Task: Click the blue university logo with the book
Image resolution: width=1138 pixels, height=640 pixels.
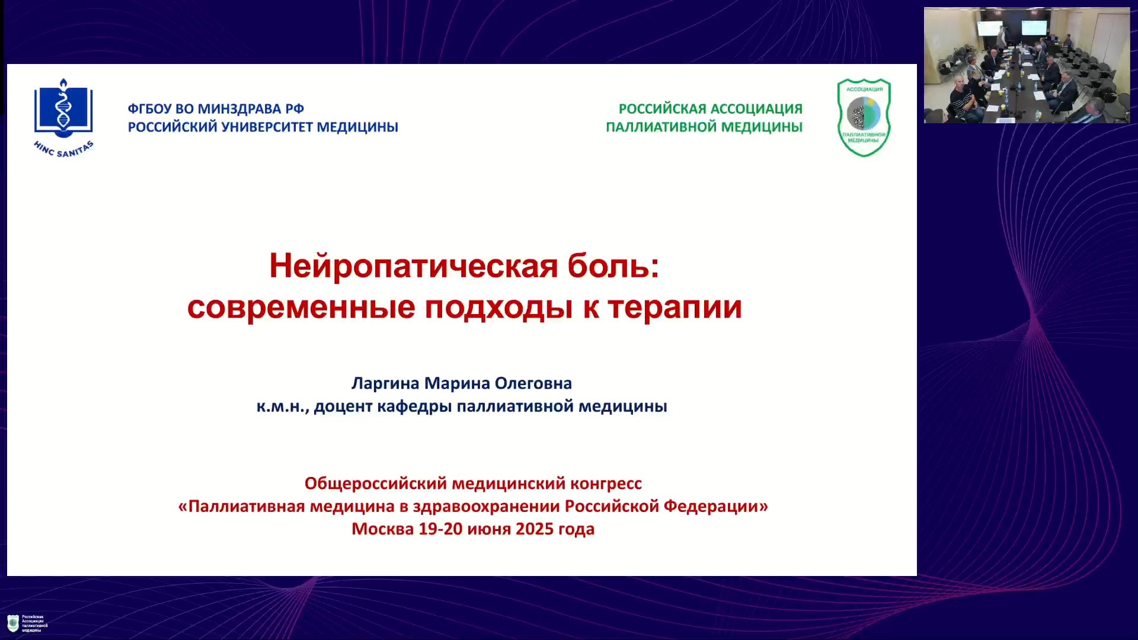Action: click(63, 117)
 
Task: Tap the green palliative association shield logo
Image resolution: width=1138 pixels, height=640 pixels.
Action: click(864, 117)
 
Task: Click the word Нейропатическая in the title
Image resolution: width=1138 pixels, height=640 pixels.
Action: click(414, 266)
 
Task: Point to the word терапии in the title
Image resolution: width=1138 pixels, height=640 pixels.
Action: click(675, 308)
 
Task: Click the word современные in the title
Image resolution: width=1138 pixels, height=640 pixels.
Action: click(301, 307)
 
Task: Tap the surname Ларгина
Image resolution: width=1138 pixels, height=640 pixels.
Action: click(385, 384)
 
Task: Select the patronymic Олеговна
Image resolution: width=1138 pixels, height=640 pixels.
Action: click(533, 383)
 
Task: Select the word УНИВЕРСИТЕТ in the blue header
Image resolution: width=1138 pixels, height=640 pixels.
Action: click(267, 127)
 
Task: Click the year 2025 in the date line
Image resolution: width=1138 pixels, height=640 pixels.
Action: click(535, 529)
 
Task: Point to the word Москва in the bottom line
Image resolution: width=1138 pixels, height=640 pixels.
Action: click(383, 529)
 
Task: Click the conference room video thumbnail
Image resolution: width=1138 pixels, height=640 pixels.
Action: click(1027, 65)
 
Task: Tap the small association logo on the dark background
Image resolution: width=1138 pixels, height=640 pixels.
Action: click(13, 623)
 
